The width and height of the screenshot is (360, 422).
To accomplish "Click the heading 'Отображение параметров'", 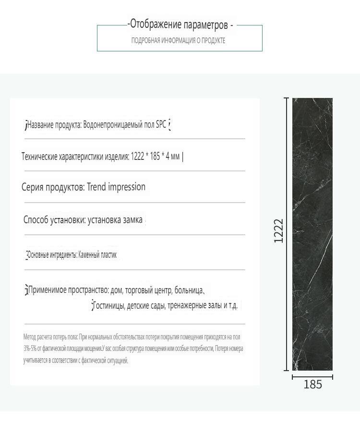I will point(180,25).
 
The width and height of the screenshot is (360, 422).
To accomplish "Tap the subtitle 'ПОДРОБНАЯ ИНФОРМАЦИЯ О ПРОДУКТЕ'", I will point(178,40).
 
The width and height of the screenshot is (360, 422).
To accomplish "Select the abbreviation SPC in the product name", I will point(161,125).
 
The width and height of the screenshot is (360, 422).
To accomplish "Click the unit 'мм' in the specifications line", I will point(175,156).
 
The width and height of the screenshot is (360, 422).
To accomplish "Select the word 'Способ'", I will point(36,220).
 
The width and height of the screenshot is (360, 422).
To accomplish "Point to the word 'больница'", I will point(189,290).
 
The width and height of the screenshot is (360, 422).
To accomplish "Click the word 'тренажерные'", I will point(188,305).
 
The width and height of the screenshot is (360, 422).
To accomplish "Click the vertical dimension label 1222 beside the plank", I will point(279,231).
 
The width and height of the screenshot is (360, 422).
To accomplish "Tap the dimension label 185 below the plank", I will point(312,385).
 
